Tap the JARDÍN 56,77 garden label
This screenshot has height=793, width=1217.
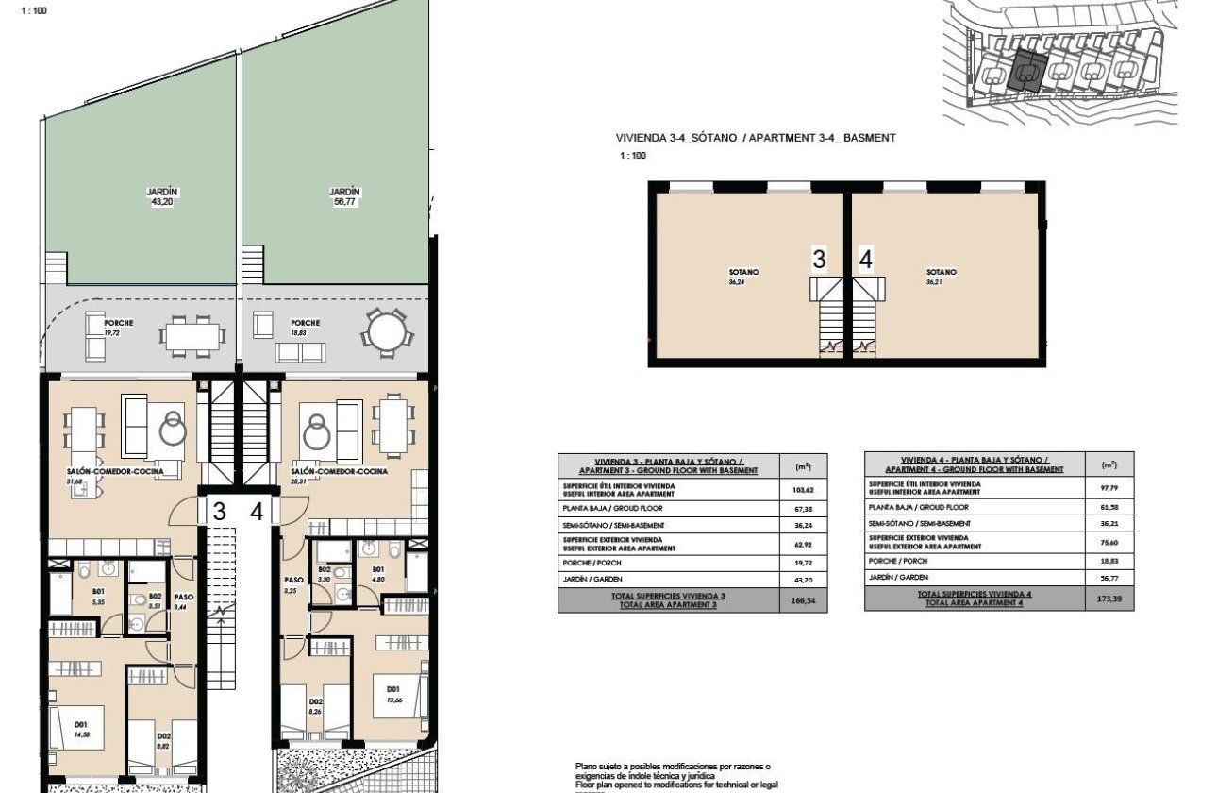[345, 195]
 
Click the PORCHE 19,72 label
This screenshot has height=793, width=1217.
[118, 328]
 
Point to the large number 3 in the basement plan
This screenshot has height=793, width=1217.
[819, 260]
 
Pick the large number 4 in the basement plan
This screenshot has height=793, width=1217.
[866, 260]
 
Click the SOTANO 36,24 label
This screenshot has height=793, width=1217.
[743, 277]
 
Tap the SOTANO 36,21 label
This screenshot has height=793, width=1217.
[941, 277]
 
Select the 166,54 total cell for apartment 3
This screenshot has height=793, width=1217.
[803, 599]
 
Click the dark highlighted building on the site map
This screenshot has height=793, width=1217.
[1025, 71]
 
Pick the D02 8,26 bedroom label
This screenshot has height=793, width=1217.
[316, 706]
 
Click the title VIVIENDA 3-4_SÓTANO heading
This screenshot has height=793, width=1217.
[756, 138]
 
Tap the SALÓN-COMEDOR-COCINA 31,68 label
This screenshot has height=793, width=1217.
[101, 476]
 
